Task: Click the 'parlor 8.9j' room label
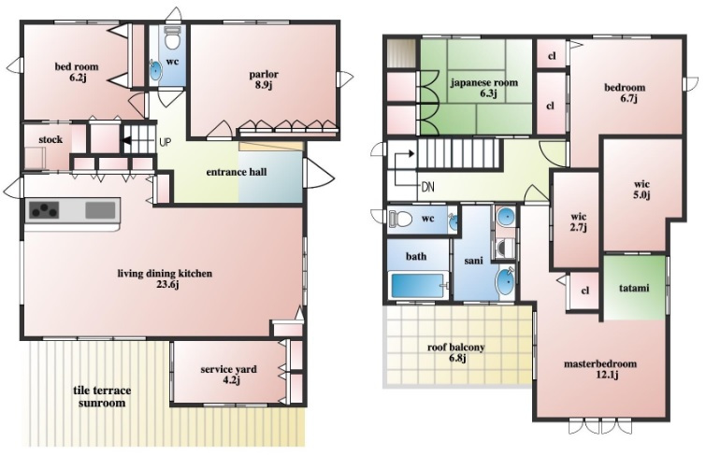(x=264, y=79)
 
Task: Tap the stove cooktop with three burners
(x=44, y=210)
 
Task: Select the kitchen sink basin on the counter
(x=100, y=210)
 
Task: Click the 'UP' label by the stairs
(x=166, y=143)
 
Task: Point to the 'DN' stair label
(x=427, y=187)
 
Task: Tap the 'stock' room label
(x=50, y=139)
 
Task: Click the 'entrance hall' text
(x=237, y=172)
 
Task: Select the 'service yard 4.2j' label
(x=229, y=375)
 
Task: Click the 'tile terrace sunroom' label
(x=102, y=396)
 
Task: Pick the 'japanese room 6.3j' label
(x=484, y=88)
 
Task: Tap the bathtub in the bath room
(x=418, y=285)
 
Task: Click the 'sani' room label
(x=473, y=261)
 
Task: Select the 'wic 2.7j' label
(x=579, y=221)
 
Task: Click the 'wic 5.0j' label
(x=642, y=190)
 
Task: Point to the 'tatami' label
(x=634, y=288)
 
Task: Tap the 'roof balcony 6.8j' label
(x=456, y=352)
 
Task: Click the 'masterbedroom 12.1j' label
(x=600, y=369)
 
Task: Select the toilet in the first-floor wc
(x=172, y=37)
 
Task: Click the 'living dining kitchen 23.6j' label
(x=165, y=278)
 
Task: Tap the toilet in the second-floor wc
(x=400, y=219)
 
